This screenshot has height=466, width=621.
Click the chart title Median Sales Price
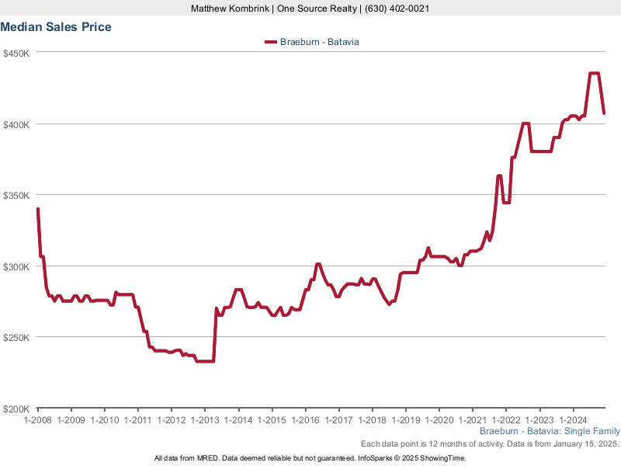(x=56, y=27)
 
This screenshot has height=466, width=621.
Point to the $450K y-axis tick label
(x=16, y=53)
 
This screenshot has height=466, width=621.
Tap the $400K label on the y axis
(x=16, y=124)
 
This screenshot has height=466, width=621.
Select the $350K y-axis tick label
(x=16, y=196)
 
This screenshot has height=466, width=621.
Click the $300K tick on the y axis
(x=16, y=266)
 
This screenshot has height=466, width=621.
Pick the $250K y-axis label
(x=16, y=338)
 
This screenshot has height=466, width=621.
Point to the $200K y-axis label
(x=16, y=409)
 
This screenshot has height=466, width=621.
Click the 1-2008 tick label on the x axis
(x=37, y=420)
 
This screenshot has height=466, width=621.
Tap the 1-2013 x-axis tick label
(x=205, y=420)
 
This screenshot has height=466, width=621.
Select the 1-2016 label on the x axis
(x=305, y=420)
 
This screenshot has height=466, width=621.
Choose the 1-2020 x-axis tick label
(x=439, y=420)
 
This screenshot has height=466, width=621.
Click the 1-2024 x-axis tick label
(x=573, y=420)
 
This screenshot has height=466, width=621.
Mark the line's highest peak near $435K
(x=595, y=74)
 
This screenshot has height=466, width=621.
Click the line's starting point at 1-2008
(x=37, y=209)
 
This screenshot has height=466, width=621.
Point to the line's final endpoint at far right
(x=604, y=113)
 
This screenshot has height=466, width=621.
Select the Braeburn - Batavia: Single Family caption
(x=550, y=431)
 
